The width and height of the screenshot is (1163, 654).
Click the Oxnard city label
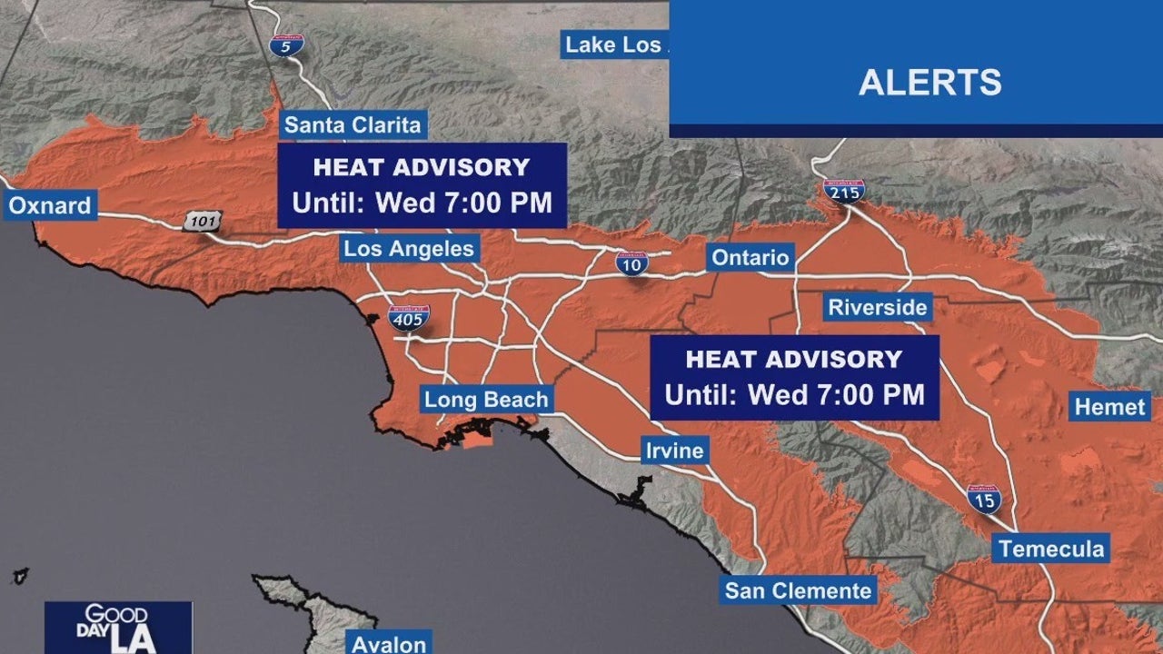click(50, 206)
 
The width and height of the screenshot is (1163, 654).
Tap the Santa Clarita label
click(353, 124)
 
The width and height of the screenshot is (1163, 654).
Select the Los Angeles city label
click(409, 248)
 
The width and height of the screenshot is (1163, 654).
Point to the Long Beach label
click(486, 400)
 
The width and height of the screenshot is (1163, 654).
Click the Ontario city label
click(750, 257)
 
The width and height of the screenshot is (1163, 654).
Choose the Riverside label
click(877, 307)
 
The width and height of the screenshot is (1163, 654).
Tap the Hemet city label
click(1110, 407)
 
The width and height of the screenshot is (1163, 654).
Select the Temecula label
click(1050, 549)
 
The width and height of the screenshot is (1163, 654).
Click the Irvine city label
click(673, 451)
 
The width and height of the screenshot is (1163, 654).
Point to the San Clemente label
click(798, 591)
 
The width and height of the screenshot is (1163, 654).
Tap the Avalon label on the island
click(389, 643)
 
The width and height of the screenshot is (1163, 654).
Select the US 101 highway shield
click(201, 221)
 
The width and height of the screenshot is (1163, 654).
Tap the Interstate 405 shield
click(409, 318)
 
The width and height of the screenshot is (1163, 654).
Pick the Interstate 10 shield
click(631, 263)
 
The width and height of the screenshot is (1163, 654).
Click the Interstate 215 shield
click(843, 191)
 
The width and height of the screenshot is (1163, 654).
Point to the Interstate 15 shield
click(983, 499)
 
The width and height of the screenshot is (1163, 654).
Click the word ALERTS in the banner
click(929, 83)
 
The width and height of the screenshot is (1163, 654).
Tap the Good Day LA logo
click(119, 627)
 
